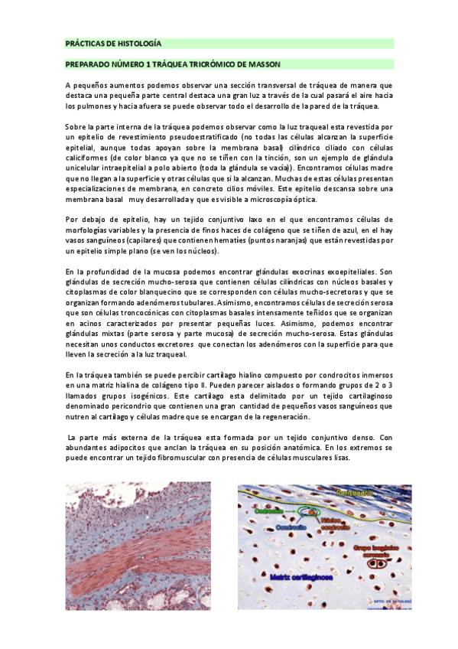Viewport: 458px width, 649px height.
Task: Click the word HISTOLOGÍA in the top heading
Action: (139, 44)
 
